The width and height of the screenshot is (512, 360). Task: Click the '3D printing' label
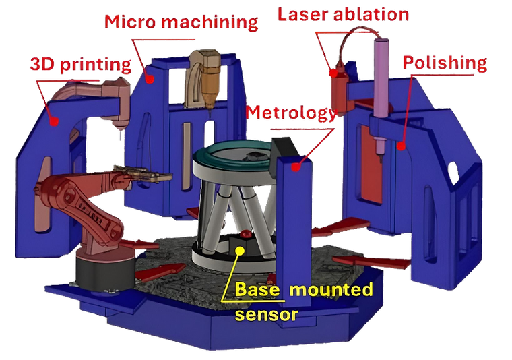pyautogui.click(x=81, y=63)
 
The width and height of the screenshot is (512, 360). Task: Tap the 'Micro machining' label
pyautogui.click(x=181, y=22)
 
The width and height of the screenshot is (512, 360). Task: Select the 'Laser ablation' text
pyautogui.click(x=343, y=15)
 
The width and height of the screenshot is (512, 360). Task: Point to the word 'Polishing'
pyautogui.click(x=445, y=63)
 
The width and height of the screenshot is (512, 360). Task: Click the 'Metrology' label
pyautogui.click(x=290, y=113)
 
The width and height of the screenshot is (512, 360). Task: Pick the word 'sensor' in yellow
pyautogui.click(x=267, y=314)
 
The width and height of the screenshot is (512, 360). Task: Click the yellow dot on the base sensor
pyautogui.click(x=240, y=251)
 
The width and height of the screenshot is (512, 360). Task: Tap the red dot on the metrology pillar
pyautogui.click(x=296, y=167)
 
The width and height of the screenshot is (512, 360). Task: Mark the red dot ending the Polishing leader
pyautogui.click(x=402, y=146)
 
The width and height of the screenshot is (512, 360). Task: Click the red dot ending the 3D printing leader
pyautogui.click(x=54, y=121)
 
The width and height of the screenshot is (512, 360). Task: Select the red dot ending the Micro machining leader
pyautogui.click(x=150, y=79)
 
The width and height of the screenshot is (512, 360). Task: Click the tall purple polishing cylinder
pyautogui.click(x=381, y=78)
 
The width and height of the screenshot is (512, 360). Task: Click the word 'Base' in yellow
pyautogui.click(x=257, y=289)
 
